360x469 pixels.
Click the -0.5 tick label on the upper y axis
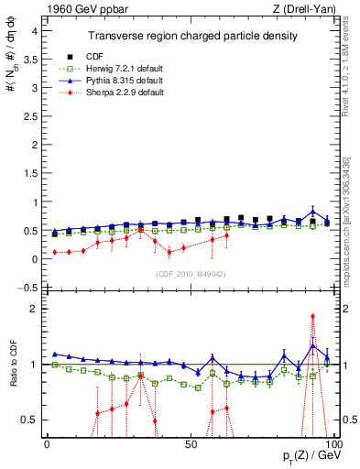[x=27, y=288]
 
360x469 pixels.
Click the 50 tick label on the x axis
[x=190, y=444]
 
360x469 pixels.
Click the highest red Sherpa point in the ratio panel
[x=312, y=316]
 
